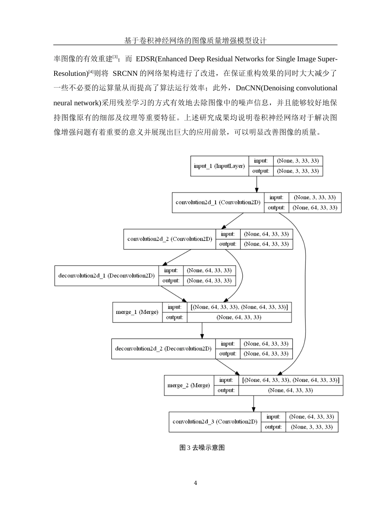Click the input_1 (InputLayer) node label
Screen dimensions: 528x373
click(x=219, y=166)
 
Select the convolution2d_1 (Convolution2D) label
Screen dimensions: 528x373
click(x=218, y=202)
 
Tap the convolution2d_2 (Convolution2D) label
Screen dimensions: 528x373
click(x=170, y=239)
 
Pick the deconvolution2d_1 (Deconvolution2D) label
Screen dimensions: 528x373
click(x=106, y=275)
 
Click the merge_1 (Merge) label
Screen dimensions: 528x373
click(x=137, y=312)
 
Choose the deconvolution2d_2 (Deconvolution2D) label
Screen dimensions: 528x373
click(x=163, y=348)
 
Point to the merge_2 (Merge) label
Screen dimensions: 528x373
click(x=188, y=385)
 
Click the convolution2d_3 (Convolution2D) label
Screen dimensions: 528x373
click(x=215, y=422)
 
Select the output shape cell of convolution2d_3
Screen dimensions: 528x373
click(x=312, y=427)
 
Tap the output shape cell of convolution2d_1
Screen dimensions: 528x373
click(x=315, y=207)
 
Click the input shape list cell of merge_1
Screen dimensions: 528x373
click(x=239, y=307)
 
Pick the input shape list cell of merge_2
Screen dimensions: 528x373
click(x=291, y=380)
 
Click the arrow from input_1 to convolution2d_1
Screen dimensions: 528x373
click(x=257, y=184)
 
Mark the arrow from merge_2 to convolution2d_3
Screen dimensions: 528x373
click(x=254, y=403)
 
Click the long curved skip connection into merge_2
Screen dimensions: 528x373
click(x=305, y=275)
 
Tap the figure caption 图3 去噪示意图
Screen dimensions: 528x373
click(x=202, y=447)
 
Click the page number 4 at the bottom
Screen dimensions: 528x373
click(x=196, y=483)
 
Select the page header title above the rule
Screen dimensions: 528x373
click(x=195, y=40)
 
